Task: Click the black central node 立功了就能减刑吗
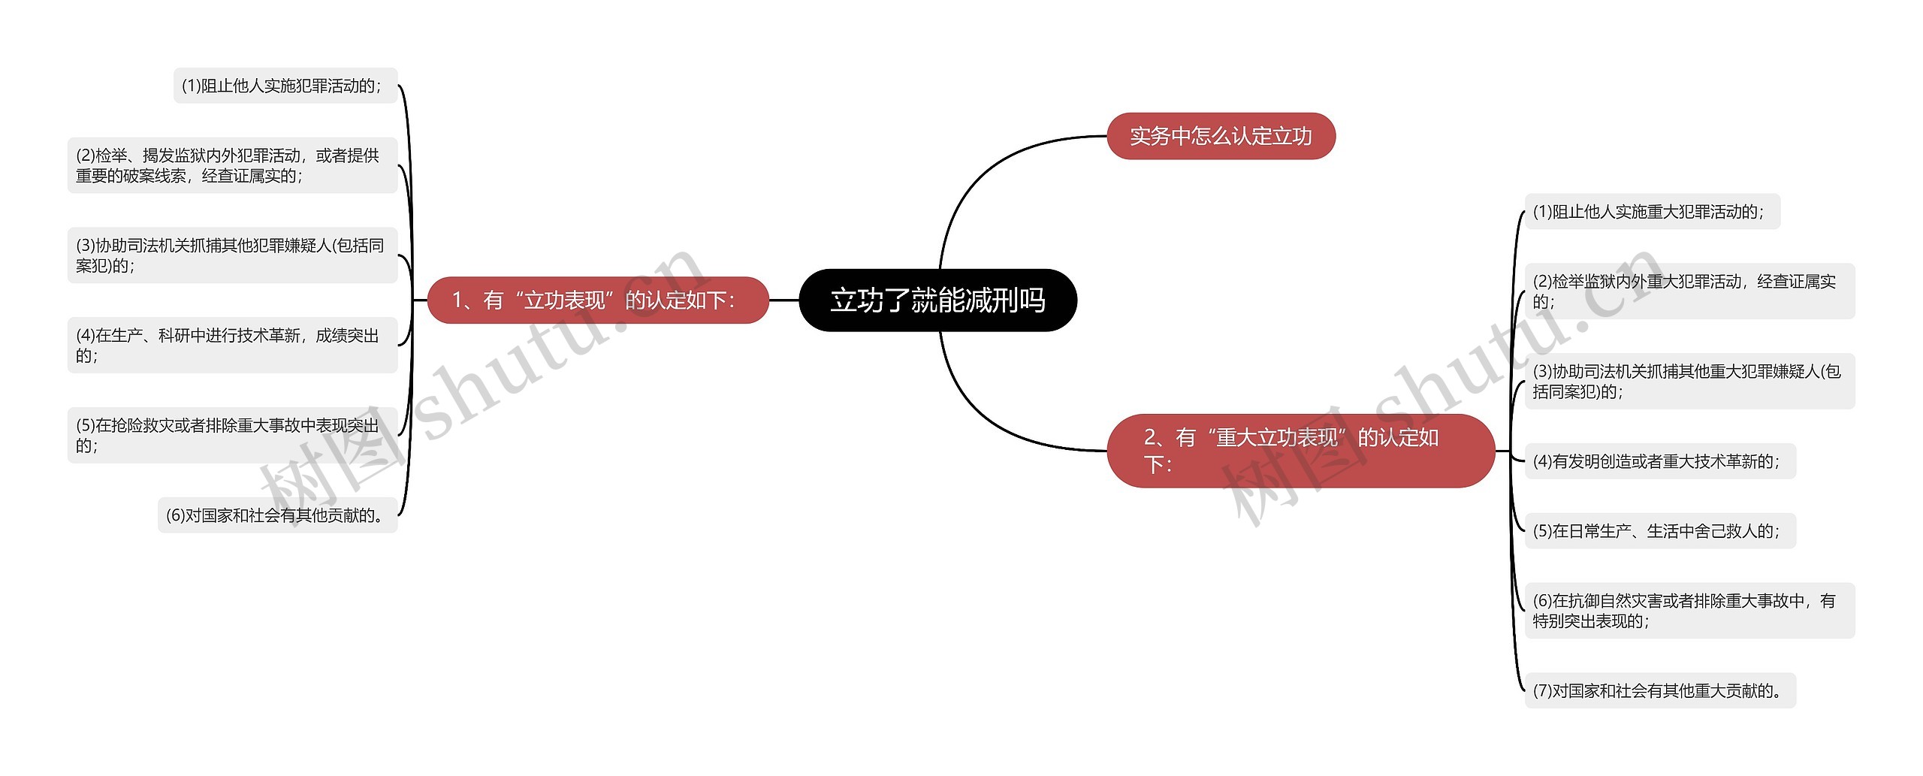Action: coord(937,300)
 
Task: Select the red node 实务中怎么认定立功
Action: coord(1221,136)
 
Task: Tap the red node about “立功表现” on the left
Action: coord(597,300)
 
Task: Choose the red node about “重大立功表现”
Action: coord(1300,450)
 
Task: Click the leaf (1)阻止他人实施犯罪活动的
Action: coord(285,86)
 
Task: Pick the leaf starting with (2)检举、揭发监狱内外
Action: coord(232,165)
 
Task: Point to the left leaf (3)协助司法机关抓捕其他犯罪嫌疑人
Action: coord(232,255)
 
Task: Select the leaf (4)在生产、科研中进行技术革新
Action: coord(232,346)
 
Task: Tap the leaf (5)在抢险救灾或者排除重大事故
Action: coord(232,436)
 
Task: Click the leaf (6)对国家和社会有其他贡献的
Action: coord(277,515)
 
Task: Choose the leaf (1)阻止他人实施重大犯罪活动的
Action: coord(1652,212)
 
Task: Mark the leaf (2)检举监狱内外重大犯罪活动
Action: coord(1689,291)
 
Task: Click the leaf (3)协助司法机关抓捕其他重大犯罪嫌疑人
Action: coord(1689,382)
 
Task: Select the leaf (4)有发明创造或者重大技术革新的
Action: coord(1659,461)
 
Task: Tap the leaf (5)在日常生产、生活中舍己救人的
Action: coord(1659,531)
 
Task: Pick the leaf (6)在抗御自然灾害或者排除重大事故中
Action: coord(1689,611)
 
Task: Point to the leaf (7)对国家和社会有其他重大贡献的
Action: coord(1659,690)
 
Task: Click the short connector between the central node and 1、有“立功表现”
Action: coord(784,300)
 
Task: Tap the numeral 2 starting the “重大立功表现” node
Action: coord(1150,437)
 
